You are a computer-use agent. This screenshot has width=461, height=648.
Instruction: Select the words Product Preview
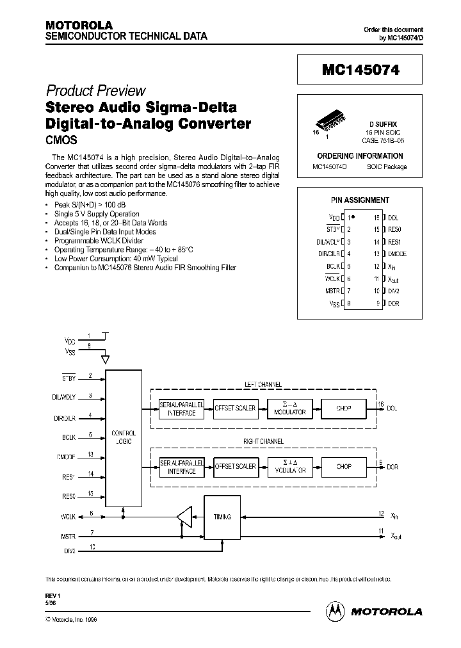(95, 91)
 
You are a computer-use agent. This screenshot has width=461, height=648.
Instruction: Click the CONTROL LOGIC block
(124, 438)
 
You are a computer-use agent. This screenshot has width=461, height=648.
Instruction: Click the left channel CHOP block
(344, 408)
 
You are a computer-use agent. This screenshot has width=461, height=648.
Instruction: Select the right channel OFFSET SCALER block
(235, 467)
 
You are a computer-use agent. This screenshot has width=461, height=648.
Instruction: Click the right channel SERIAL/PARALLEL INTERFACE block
(181, 467)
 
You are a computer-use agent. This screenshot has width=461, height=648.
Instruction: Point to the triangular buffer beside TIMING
(184, 515)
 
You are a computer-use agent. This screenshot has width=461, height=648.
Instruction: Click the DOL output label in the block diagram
(392, 408)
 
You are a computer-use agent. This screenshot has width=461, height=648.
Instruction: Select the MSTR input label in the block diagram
(69, 533)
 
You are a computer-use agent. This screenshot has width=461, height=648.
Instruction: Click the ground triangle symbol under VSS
(107, 360)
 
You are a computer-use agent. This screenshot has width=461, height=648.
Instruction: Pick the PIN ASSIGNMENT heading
(359, 200)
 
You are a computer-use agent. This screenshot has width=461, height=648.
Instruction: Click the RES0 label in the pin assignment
(394, 229)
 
